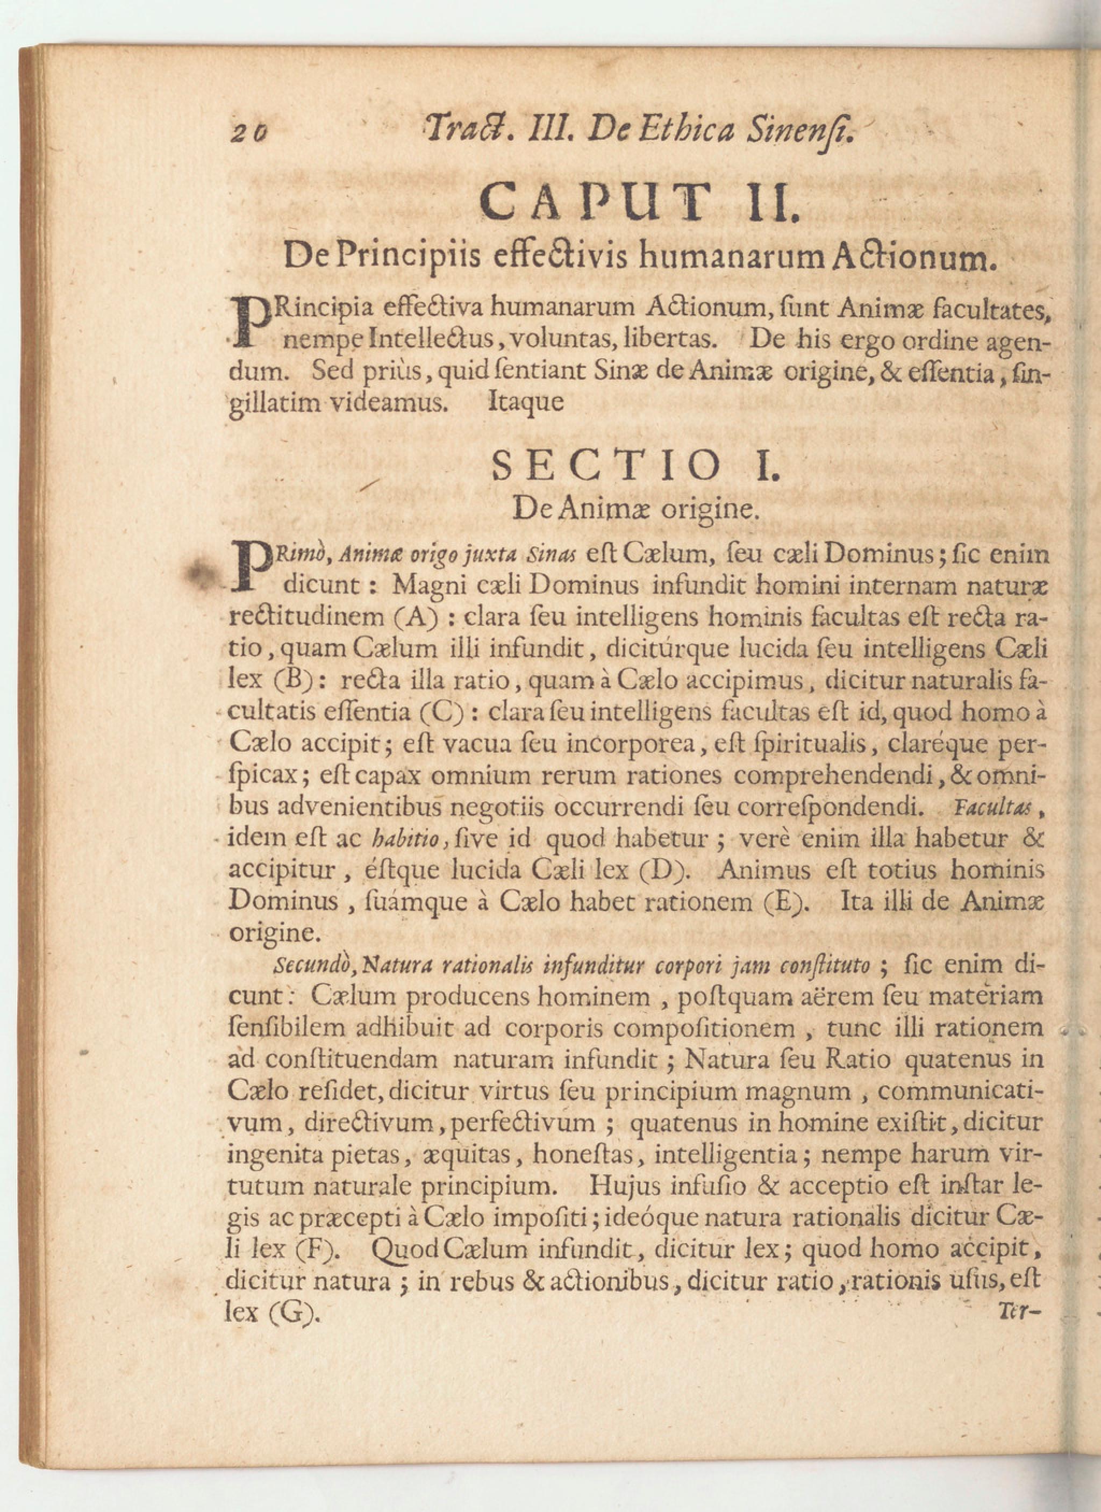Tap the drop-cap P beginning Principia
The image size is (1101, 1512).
[x=251, y=322]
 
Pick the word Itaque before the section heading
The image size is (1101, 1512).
[x=526, y=402]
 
